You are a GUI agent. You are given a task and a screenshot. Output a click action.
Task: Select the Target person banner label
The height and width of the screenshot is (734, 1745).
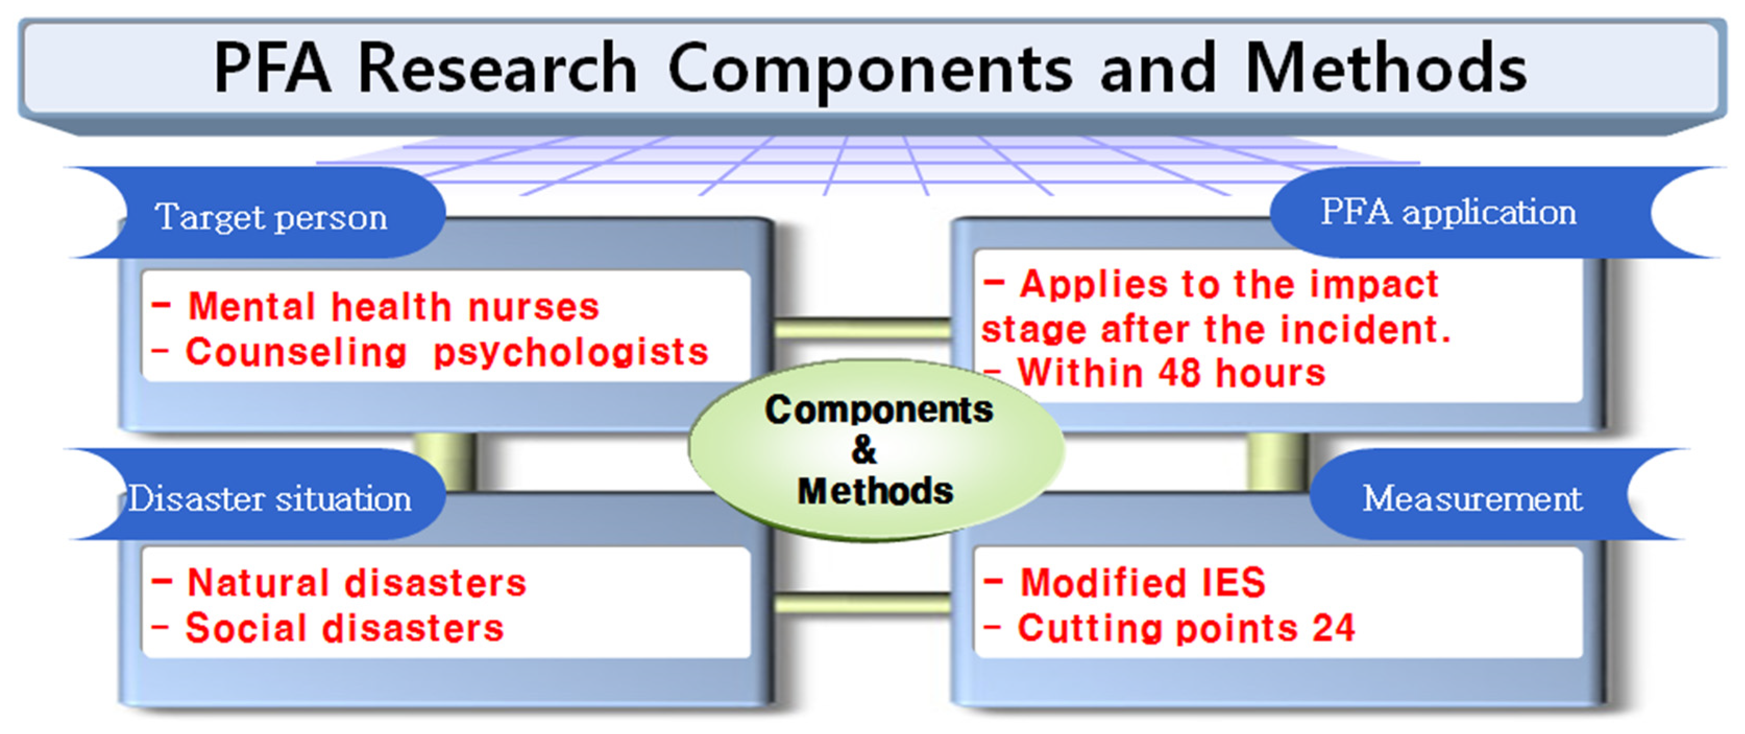pyautogui.click(x=272, y=218)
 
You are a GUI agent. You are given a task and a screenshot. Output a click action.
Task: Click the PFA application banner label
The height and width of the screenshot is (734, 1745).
pyautogui.click(x=1448, y=212)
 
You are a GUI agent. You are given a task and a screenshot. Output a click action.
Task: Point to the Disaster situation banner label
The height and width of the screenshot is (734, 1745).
pyautogui.click(x=270, y=499)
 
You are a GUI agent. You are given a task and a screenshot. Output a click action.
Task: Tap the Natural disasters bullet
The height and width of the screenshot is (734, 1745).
pyautogui.click(x=356, y=582)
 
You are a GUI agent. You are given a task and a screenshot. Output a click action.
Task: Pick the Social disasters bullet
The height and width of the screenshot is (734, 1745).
pyautogui.click(x=345, y=628)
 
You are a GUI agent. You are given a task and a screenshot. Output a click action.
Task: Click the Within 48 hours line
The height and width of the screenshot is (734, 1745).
pyautogui.click(x=1171, y=373)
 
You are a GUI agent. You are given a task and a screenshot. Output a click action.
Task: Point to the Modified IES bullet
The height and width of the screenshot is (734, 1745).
pyautogui.click(x=1143, y=582)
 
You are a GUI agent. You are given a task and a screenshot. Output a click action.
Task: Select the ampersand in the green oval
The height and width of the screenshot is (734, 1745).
pyautogui.click(x=864, y=449)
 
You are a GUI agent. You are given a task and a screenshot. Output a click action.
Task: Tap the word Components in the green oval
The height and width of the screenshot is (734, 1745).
pyautogui.click(x=879, y=410)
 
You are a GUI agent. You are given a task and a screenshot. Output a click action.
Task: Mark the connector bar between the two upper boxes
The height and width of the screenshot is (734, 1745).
pyautogui.click(x=862, y=329)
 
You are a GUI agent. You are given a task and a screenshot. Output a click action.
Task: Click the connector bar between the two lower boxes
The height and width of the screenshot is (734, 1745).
pyautogui.click(x=862, y=603)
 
